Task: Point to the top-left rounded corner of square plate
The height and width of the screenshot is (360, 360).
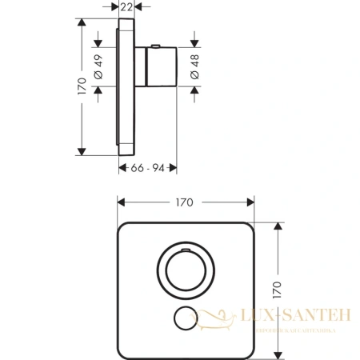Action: click(x=124, y=227)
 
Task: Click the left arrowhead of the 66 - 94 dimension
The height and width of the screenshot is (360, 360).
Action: click(x=120, y=167)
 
